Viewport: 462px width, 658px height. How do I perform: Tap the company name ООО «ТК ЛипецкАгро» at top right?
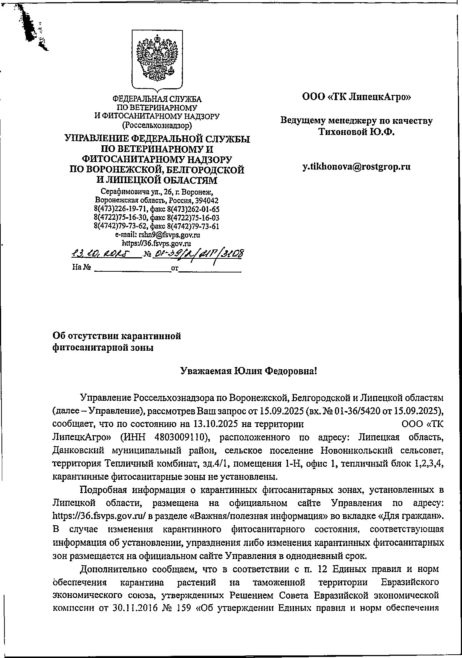tap(356, 97)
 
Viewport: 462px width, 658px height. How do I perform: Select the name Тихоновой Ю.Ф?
tap(357, 132)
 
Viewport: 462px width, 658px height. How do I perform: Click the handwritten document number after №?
tap(200, 253)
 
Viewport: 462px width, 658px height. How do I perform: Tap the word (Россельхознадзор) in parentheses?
tap(157, 125)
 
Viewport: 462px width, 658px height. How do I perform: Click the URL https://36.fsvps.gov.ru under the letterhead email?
tap(157, 243)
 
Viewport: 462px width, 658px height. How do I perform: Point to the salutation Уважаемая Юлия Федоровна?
tap(248, 371)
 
